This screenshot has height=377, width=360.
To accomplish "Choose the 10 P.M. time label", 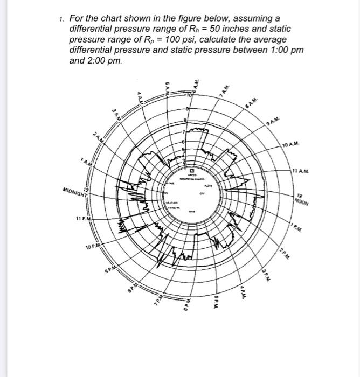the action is click(95, 248).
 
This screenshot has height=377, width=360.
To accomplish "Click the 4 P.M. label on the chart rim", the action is click(244, 294).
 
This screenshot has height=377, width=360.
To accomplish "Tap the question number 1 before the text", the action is click(61, 19).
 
